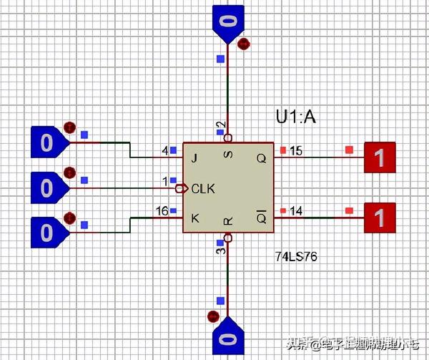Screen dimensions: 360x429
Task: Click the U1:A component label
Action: [295, 117]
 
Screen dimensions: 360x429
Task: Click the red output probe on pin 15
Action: [381, 157]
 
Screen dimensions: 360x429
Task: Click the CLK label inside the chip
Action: [202, 188]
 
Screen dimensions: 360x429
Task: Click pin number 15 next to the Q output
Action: [296, 150]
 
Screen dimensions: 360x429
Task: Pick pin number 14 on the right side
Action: [296, 210]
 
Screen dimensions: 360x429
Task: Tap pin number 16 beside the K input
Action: [162, 210]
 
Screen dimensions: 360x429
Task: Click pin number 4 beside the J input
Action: [165, 150]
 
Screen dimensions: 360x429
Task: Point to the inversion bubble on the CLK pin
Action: [179, 188]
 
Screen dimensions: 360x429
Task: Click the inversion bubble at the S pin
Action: [227, 137]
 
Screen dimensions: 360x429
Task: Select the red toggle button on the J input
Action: [69, 127]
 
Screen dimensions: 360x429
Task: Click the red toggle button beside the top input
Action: [244, 44]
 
